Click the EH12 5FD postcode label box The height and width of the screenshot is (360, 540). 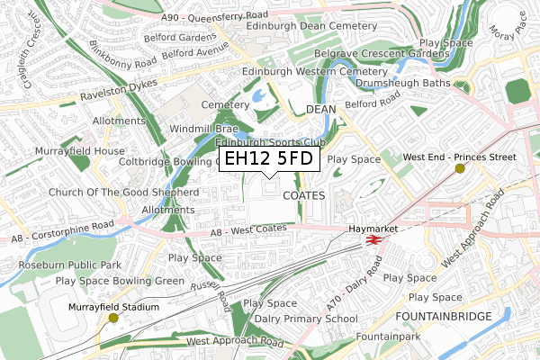(268, 159)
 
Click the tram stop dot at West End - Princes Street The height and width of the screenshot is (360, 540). (460, 168)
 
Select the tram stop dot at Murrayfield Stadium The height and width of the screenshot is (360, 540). (113, 318)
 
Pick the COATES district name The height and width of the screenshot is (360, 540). (301, 194)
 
